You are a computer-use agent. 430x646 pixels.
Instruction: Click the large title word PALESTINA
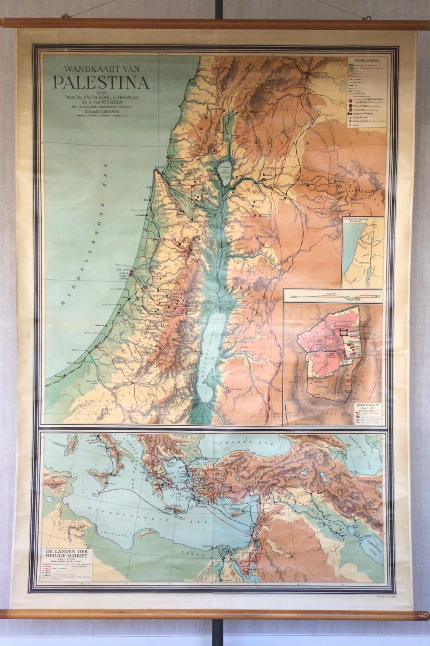pos(101,82)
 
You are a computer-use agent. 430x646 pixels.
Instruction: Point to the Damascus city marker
pos(308,74)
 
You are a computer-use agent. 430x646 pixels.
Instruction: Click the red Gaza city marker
pos(96,347)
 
